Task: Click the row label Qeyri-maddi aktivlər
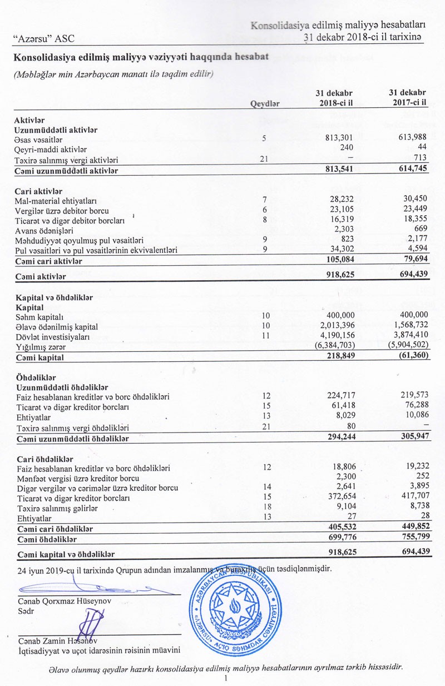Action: [x=51, y=150]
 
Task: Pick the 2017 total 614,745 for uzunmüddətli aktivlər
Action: [x=410, y=170]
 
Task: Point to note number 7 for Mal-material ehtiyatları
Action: [x=265, y=200]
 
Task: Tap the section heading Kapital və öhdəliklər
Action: [x=53, y=297]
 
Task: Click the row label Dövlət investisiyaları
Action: [x=54, y=336]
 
